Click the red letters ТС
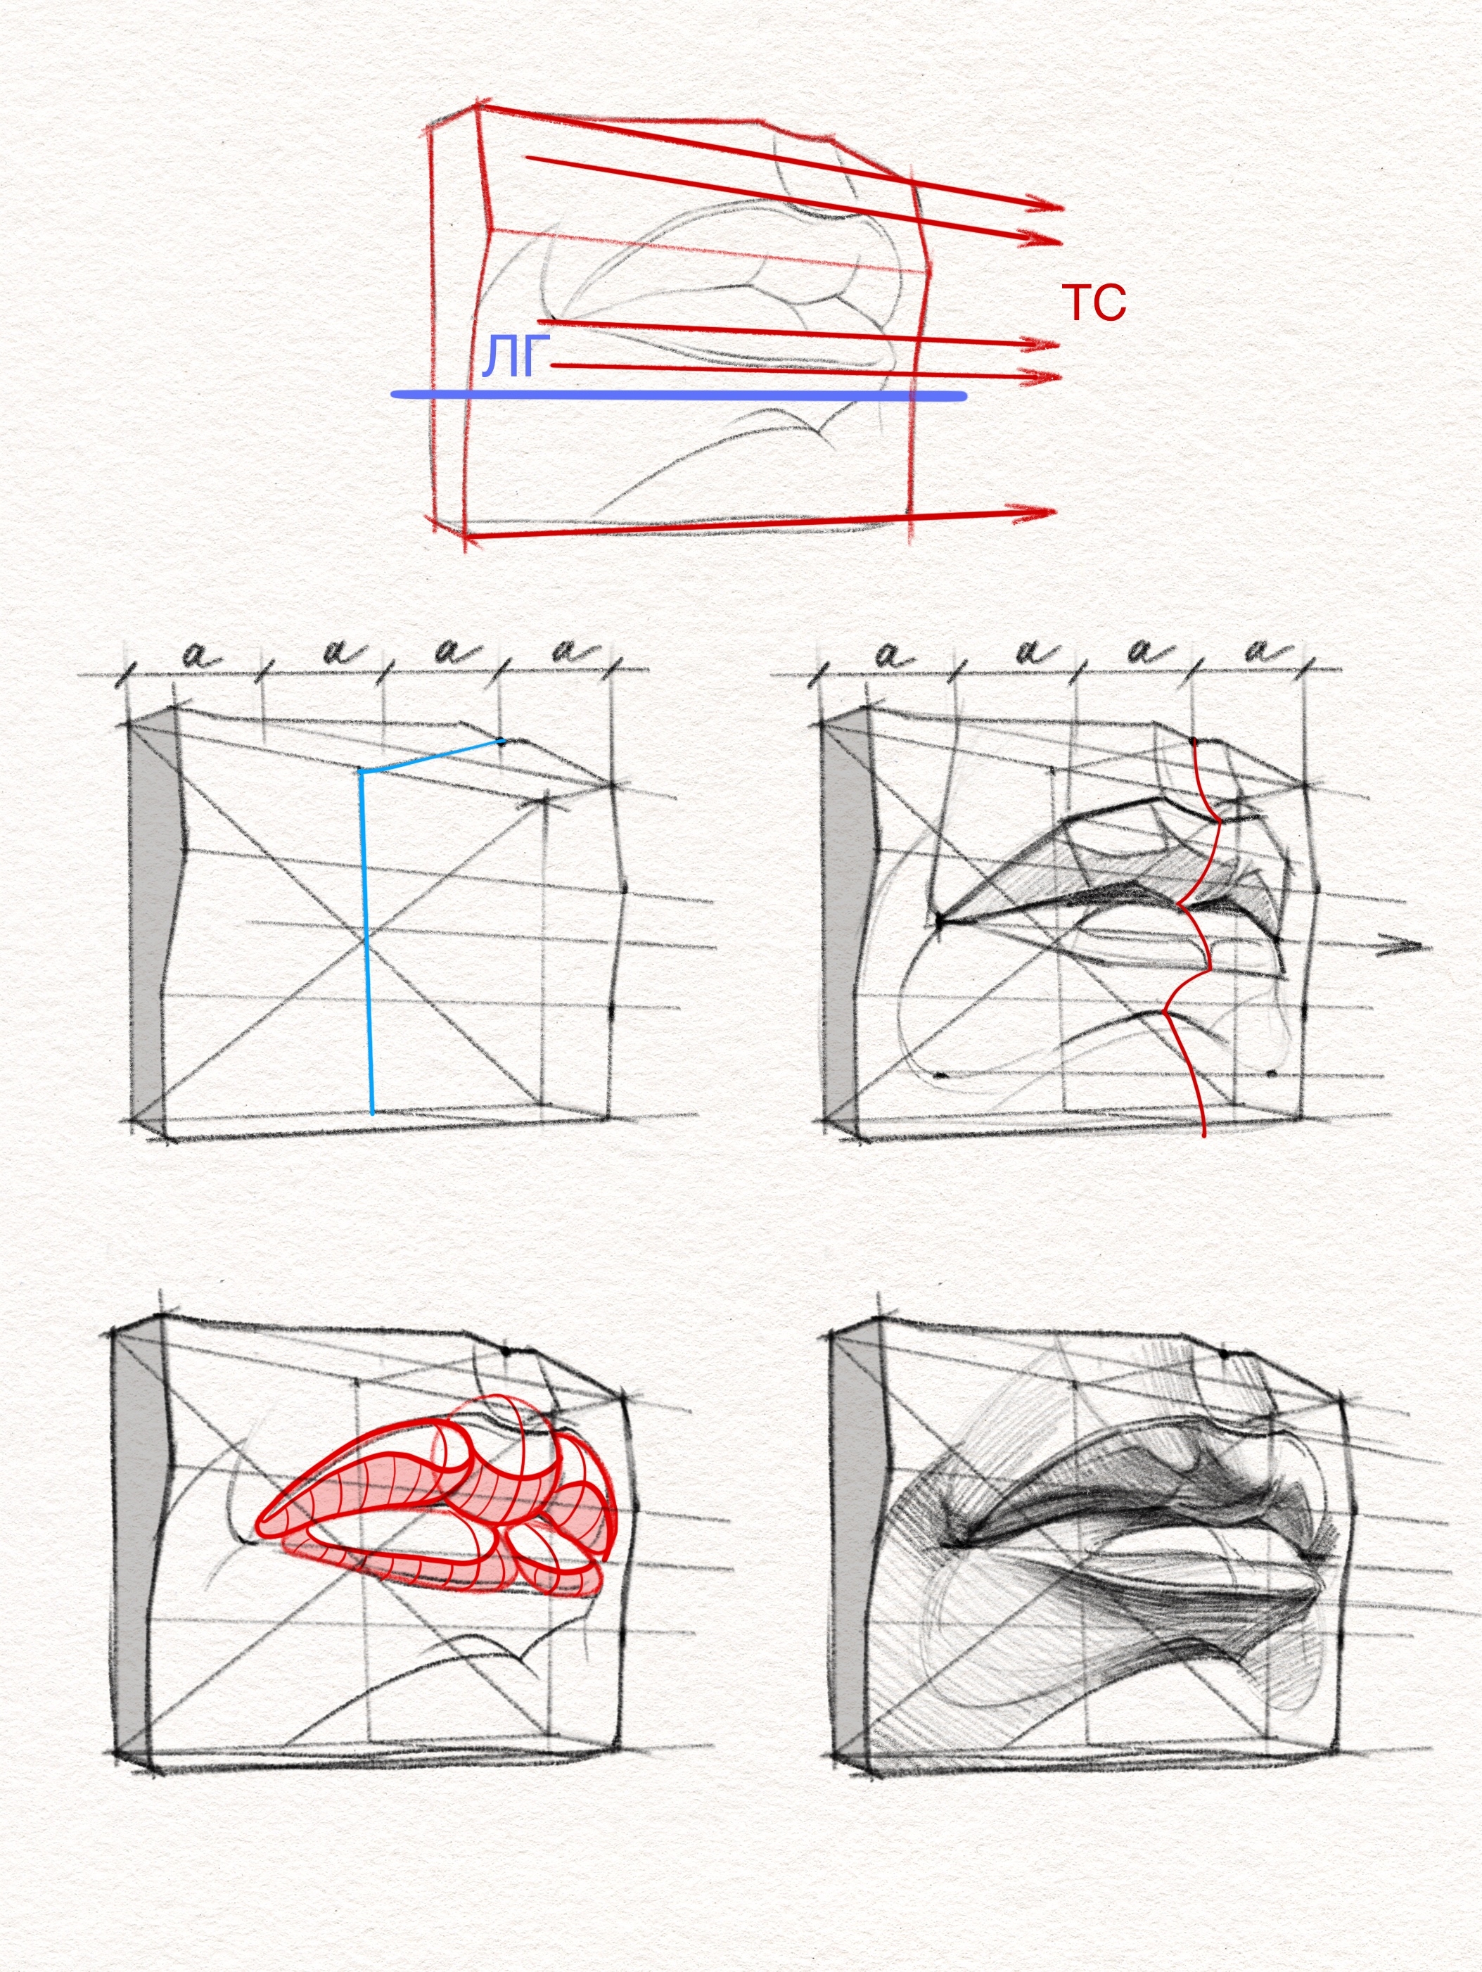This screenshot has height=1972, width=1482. (1094, 303)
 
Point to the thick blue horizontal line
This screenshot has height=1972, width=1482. (679, 395)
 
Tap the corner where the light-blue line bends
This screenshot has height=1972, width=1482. (361, 771)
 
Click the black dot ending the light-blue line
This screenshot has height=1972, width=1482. (501, 741)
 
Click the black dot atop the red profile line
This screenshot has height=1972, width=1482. (1193, 741)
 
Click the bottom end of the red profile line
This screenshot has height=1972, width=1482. (1204, 1136)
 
